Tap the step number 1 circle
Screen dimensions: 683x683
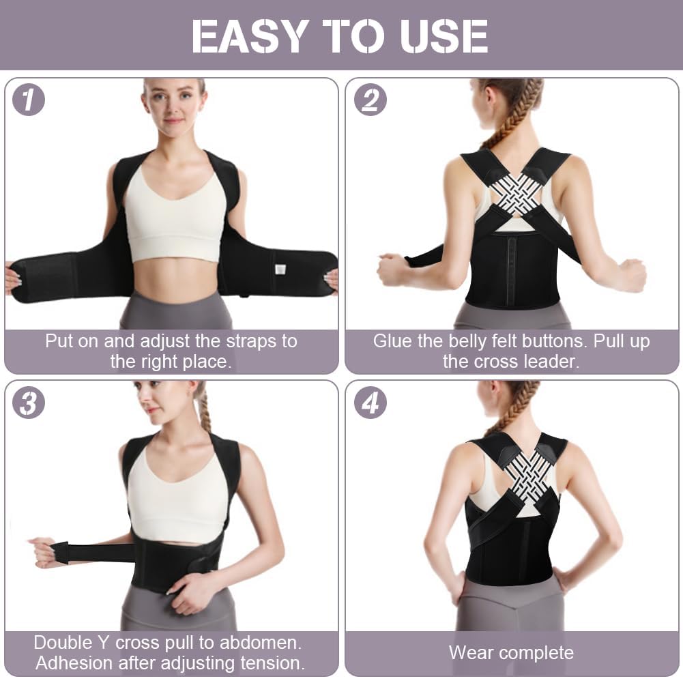point(29,100)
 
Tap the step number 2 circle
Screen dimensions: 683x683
point(370,100)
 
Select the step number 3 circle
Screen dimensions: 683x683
point(29,403)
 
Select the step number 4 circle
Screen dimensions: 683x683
point(370,403)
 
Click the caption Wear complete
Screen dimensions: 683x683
point(511,653)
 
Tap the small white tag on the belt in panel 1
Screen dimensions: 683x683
point(279,269)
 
